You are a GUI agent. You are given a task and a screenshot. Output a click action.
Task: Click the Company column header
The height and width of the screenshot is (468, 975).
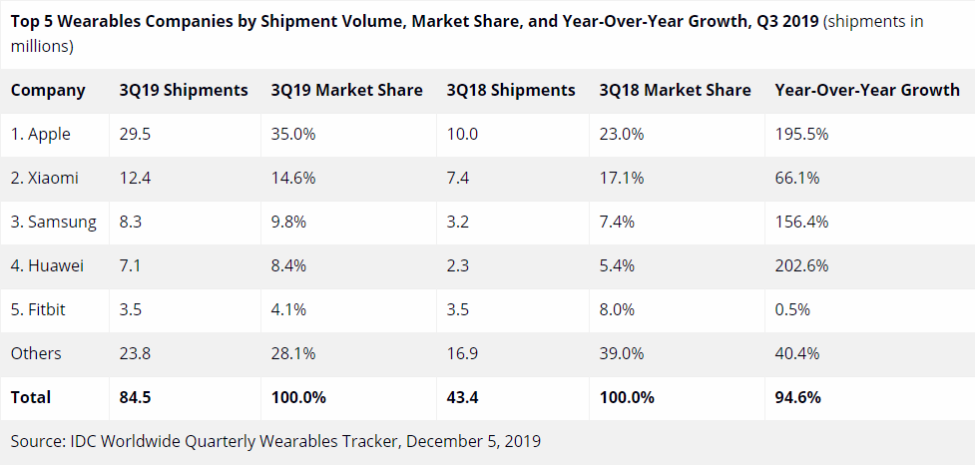pos(48,90)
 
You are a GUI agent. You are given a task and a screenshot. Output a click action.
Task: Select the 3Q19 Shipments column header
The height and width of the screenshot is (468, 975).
pos(183,90)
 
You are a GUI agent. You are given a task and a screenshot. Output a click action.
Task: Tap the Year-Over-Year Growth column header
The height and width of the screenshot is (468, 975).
pos(866,90)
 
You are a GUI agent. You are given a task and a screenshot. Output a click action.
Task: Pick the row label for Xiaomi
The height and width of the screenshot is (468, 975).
pos(45,178)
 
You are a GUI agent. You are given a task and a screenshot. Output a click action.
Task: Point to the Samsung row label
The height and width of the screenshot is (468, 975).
pos(54,222)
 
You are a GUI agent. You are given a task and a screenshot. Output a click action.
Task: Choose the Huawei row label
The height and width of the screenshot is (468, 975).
pos(47,265)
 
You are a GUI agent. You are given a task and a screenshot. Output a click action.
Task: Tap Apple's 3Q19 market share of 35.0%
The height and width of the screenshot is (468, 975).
pos(293,134)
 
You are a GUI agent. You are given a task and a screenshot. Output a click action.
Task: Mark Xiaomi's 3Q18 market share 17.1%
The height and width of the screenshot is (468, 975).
pos(622,178)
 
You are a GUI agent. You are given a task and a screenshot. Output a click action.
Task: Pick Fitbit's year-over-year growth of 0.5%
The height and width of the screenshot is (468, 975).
pos(793,309)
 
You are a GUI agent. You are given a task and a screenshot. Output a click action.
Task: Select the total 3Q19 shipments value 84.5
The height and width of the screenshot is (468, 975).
pos(135,397)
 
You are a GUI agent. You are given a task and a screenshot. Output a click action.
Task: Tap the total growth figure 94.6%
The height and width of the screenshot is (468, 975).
pos(797,397)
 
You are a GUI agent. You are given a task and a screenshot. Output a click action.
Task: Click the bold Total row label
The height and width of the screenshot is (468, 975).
pos(31,397)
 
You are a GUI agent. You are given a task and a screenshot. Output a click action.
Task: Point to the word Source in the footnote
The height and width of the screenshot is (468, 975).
pos(36,440)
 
